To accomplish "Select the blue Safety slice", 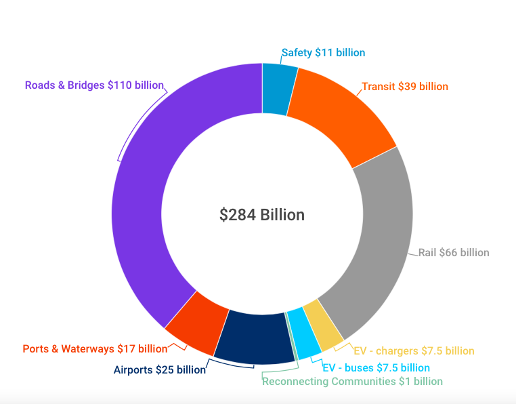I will click(278, 89).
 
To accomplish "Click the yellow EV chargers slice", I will click(323, 326).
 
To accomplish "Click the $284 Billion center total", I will click(261, 215).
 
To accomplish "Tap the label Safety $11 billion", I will click(323, 53).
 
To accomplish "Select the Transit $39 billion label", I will click(405, 87).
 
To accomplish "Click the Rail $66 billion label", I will click(454, 253).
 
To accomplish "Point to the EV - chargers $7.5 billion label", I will click(414, 351).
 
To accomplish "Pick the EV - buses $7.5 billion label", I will click(376, 368).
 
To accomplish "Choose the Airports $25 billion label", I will click(159, 370).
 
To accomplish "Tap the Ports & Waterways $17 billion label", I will click(95, 349).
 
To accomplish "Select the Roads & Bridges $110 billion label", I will click(94, 85).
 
